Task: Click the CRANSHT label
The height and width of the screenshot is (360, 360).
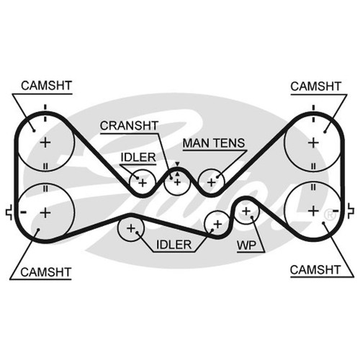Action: click(x=129, y=125)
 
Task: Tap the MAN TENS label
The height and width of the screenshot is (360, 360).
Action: click(x=214, y=143)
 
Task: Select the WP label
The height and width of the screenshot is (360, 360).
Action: click(x=246, y=246)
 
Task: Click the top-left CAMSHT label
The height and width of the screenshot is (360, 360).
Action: click(x=46, y=86)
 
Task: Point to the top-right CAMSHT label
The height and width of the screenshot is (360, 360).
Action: click(x=315, y=86)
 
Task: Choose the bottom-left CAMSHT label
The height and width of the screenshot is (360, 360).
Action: click(x=46, y=272)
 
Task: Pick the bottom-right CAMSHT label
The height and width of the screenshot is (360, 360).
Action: click(x=315, y=270)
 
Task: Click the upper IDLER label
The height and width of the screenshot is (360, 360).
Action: click(x=138, y=158)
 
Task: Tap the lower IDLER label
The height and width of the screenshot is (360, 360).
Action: click(x=174, y=245)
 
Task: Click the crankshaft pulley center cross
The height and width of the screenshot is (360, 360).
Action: click(x=177, y=182)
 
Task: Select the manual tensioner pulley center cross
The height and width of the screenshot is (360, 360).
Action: click(x=212, y=183)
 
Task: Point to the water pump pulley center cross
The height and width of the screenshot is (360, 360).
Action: click(x=246, y=211)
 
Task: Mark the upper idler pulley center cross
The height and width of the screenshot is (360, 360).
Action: click(x=143, y=183)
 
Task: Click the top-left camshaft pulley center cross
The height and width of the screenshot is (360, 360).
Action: click(x=45, y=143)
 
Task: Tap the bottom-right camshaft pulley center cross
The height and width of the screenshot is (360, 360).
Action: click(x=313, y=211)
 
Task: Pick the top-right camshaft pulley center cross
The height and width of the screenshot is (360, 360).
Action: click(x=313, y=143)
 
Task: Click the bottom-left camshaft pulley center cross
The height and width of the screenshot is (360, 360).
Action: click(x=45, y=212)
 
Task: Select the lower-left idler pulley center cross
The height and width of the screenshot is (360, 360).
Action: click(x=131, y=228)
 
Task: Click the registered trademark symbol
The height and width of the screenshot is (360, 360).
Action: click(x=330, y=215)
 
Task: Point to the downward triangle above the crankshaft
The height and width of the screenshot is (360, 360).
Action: click(x=177, y=164)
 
